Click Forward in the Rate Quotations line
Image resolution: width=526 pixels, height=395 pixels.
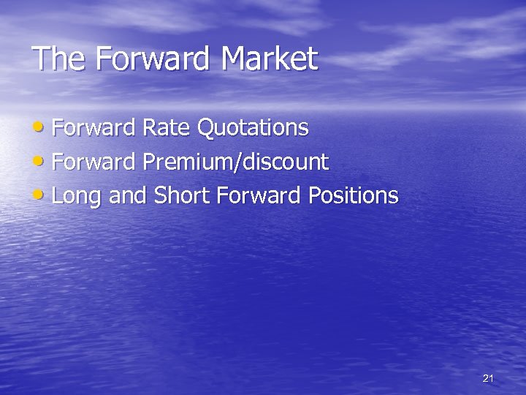click(94, 128)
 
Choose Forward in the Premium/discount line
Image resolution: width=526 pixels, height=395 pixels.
click(94, 162)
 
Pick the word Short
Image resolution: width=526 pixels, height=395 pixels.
click(179, 195)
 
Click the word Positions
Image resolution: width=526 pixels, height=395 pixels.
click(354, 195)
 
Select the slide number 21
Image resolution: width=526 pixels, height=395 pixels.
click(489, 378)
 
